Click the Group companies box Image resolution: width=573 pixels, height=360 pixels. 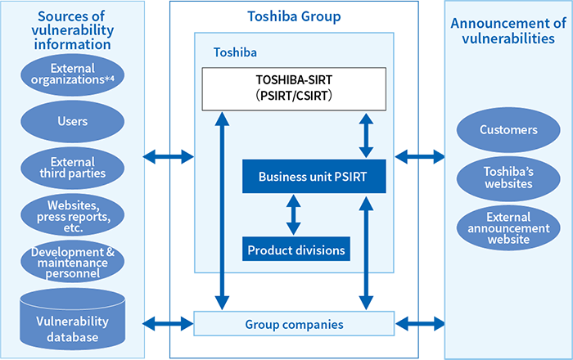[294, 323]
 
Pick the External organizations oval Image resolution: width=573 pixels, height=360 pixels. [72, 74]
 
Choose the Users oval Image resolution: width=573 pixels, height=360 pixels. [72, 121]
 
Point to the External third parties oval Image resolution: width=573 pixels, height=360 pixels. [72, 167]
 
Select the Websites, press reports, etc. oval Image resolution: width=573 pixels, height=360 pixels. [72, 214]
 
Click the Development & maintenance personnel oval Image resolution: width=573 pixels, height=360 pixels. [72, 262]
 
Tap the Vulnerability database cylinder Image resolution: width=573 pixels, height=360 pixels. [72, 319]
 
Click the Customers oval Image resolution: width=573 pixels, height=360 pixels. [509, 130]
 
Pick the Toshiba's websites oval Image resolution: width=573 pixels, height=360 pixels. [509, 177]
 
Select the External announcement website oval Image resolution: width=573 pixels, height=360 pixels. [509, 228]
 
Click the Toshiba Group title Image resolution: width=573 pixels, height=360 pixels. [294, 16]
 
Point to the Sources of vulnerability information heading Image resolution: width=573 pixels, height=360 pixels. [72, 29]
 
